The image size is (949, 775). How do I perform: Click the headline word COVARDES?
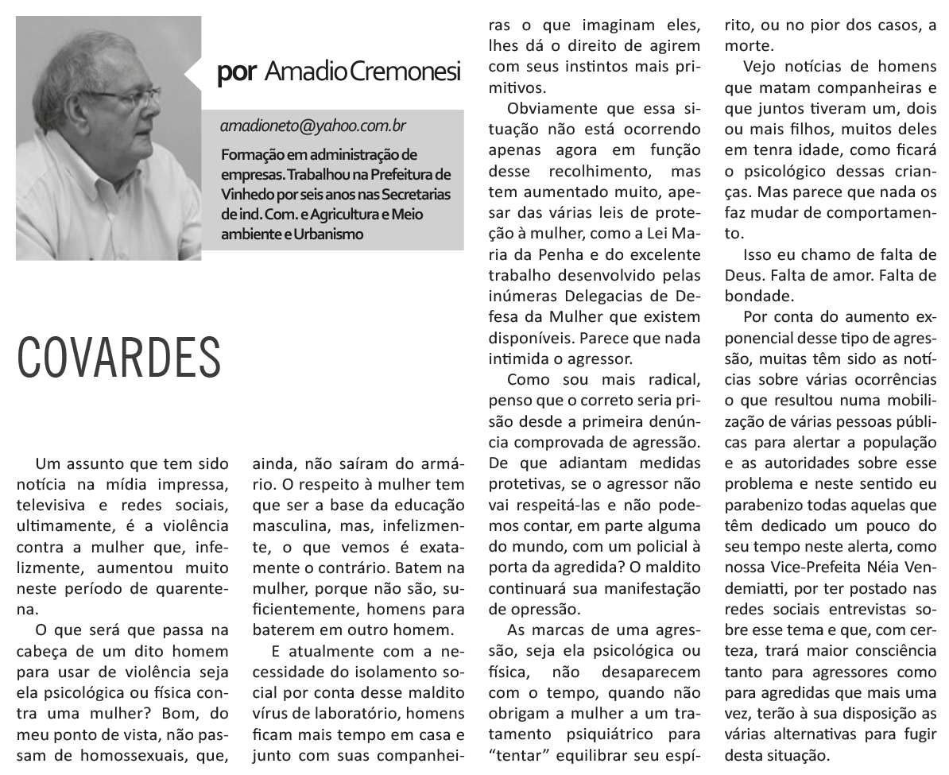tap(119, 357)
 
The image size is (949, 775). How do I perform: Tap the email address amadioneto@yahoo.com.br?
tap(314, 126)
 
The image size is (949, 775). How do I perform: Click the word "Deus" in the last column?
tap(746, 276)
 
